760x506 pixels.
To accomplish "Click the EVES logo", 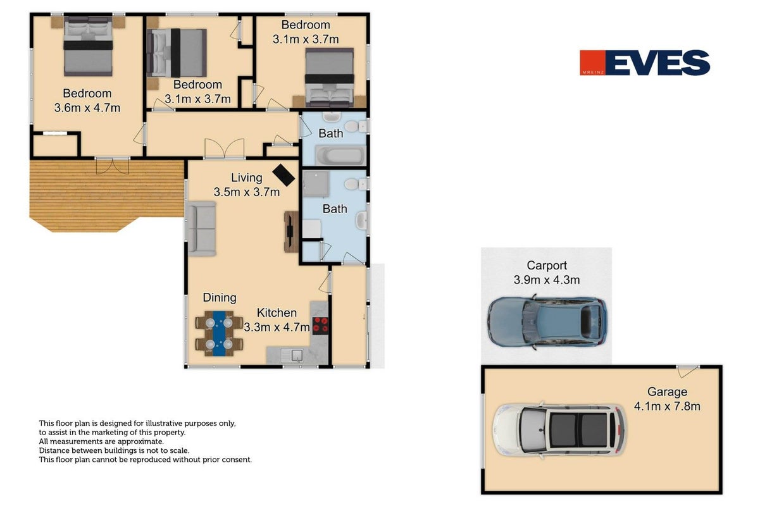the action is pyautogui.click(x=645, y=63).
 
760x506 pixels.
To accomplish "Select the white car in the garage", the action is pyautogui.click(x=559, y=430).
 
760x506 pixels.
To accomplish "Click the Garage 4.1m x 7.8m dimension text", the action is pyautogui.click(x=667, y=406).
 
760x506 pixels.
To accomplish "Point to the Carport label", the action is pyautogui.click(x=547, y=265).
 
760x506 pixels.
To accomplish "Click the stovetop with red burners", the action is pyautogui.click(x=320, y=325).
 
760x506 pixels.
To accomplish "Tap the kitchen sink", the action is pyautogui.click(x=292, y=355).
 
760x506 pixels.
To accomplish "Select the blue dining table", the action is pyautogui.click(x=219, y=333).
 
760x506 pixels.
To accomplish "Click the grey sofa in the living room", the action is pyautogui.click(x=202, y=228).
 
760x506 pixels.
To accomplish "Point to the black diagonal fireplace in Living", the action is pyautogui.click(x=283, y=175).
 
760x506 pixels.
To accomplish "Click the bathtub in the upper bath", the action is pyautogui.click(x=340, y=156).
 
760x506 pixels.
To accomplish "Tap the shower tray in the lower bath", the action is pyautogui.click(x=316, y=184).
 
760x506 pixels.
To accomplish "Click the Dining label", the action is pyautogui.click(x=220, y=297).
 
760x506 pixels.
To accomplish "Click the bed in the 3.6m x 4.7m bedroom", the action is pyautogui.click(x=88, y=46).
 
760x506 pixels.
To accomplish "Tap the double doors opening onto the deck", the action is pyautogui.click(x=112, y=166).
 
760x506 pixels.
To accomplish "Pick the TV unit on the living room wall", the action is pyautogui.click(x=291, y=232).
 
